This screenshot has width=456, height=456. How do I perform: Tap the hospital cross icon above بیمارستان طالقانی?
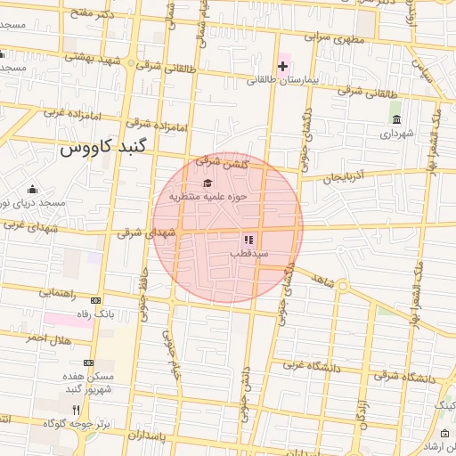[283, 66]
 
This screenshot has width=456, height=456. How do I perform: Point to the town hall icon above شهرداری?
[396, 120]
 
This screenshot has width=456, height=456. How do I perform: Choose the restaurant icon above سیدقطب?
[248, 240]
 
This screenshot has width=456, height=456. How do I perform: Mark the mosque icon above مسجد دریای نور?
[33, 189]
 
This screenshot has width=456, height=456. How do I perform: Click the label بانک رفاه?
[96, 313]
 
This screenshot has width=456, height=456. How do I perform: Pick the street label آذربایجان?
[345, 178]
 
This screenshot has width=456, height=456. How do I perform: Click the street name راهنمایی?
[57, 292]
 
